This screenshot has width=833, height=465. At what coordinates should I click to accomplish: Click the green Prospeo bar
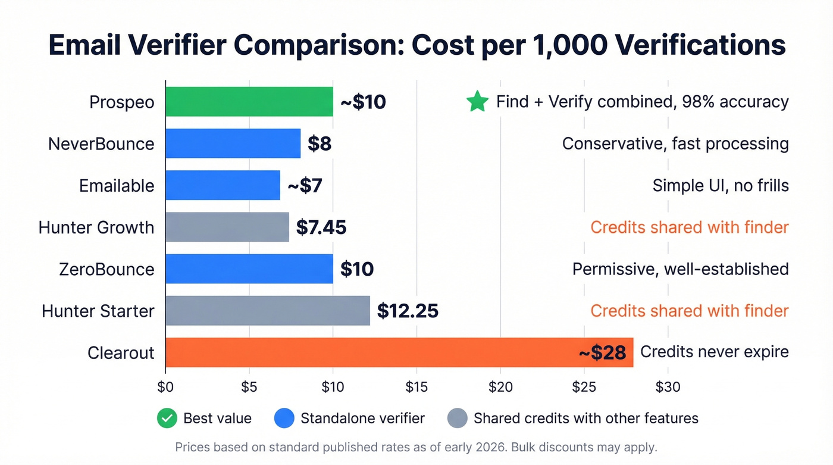pyautogui.click(x=249, y=102)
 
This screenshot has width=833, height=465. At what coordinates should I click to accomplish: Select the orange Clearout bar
pyautogui.click(x=399, y=352)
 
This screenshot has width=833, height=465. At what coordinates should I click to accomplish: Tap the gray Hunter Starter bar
pyautogui.click(x=268, y=311)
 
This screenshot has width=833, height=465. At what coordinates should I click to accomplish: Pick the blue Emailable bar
pyautogui.click(x=223, y=185)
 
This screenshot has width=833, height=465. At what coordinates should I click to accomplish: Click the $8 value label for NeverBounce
pyautogui.click(x=320, y=143)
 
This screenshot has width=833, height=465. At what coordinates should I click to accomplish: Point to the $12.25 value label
pyautogui.click(x=408, y=311)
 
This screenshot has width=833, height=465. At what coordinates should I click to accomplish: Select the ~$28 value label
pyautogui.click(x=602, y=352)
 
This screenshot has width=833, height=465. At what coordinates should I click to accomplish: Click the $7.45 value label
pyautogui.click(x=321, y=227)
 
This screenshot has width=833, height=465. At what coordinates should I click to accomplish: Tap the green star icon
pyautogui.click(x=477, y=102)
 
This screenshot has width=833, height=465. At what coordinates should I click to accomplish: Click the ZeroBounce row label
pyautogui.click(x=107, y=269)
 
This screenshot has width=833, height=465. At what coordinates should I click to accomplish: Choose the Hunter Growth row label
pyautogui.click(x=96, y=227)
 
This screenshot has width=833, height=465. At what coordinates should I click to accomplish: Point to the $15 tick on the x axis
pyautogui.click(x=416, y=388)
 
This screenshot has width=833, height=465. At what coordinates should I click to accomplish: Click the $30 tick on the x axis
pyautogui.click(x=668, y=388)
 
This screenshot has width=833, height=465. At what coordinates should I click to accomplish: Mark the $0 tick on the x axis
pyautogui.click(x=165, y=388)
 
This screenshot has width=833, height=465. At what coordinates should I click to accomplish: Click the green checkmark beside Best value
pyautogui.click(x=167, y=419)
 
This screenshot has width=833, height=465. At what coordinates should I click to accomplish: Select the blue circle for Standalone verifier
pyautogui.click(x=284, y=419)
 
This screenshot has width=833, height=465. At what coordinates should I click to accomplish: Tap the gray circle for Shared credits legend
pyautogui.click(x=458, y=419)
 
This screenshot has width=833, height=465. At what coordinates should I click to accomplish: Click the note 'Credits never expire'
pyautogui.click(x=714, y=352)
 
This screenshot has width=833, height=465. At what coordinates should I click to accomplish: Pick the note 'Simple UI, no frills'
pyautogui.click(x=721, y=186)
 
